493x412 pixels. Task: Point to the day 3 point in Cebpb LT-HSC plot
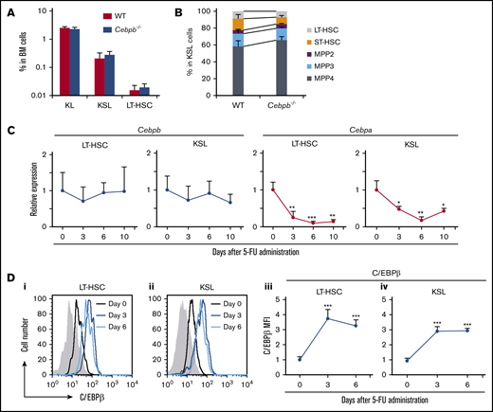click(81, 201)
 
